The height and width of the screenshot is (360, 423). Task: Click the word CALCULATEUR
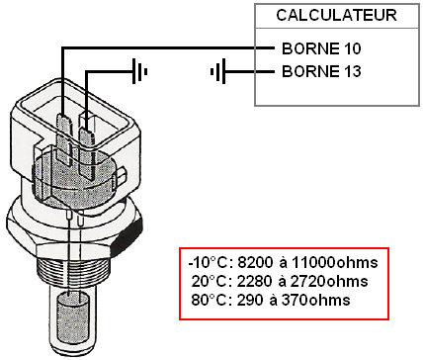coord(337,16)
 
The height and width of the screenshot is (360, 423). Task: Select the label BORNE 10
coord(321,47)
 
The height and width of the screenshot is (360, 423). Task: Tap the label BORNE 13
coord(321,71)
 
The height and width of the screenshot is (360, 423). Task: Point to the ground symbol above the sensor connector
coord(141,71)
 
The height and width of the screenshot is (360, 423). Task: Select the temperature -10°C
coord(207,263)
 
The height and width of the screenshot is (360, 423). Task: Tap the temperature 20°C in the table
coord(209,281)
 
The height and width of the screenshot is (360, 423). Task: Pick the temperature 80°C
coord(209,299)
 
